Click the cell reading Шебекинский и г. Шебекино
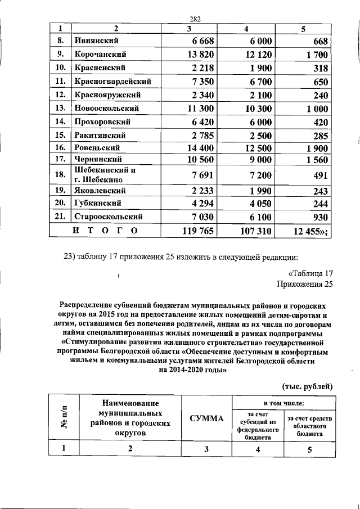pyautogui.click(x=106, y=175)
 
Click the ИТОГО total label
pyautogui.click(x=105, y=231)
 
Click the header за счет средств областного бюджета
pyautogui.click(x=310, y=427)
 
